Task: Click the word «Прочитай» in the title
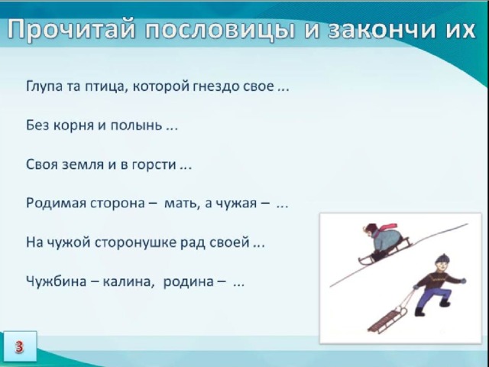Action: coord(71,30)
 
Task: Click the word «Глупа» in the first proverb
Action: coord(44,86)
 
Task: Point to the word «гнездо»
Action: coord(215,86)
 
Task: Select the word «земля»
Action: coord(83,164)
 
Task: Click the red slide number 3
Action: coord(19,346)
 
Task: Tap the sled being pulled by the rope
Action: coord(387,320)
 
